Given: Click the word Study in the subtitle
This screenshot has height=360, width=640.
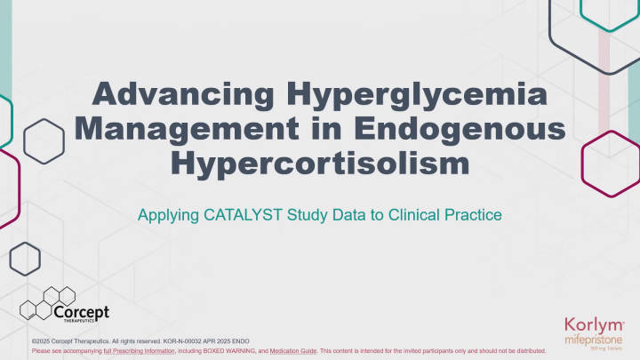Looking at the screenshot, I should click(332, 214).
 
